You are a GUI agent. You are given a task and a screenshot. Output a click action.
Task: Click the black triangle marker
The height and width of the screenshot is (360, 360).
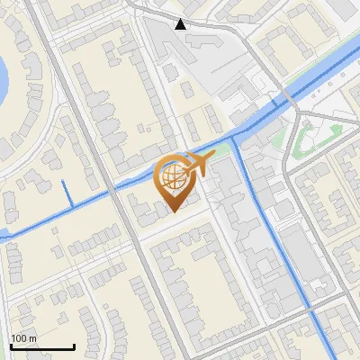(x=181, y=24)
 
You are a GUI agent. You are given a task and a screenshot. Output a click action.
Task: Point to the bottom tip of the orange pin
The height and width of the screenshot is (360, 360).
(x=173, y=211)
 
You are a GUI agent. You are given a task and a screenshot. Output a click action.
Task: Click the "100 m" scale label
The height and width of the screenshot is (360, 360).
(x=23, y=338)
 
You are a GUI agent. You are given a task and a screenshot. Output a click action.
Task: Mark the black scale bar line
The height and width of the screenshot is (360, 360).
(x=41, y=346)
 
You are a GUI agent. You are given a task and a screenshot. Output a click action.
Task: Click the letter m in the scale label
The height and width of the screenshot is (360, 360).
(x=33, y=338)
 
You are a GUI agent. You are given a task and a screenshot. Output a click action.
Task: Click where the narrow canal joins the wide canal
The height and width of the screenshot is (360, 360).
(x=235, y=137)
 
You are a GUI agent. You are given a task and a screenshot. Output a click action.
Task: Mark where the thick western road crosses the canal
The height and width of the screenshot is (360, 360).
(x=113, y=192)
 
